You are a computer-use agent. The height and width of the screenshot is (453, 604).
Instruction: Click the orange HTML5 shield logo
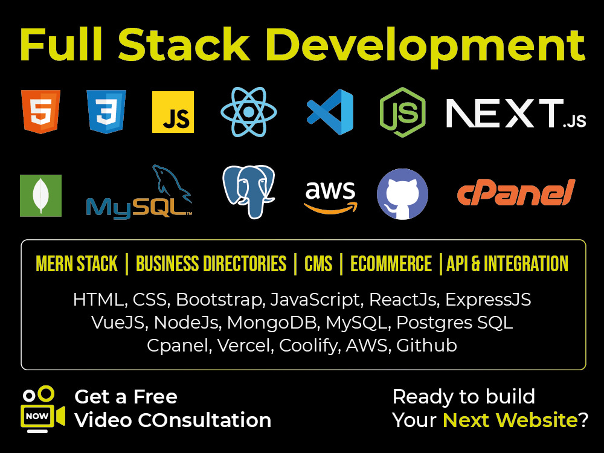coord(41,112)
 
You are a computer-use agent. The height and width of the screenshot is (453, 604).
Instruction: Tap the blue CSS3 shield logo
coord(106,112)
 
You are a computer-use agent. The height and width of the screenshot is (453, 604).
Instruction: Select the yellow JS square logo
coord(173,112)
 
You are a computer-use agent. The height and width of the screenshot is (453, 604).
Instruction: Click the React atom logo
coord(249,112)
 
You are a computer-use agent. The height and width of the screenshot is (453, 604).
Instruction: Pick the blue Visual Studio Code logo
coord(330,112)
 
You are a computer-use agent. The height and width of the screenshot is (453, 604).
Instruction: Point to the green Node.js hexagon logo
coord(402,112)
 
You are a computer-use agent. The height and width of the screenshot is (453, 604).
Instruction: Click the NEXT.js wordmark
coord(516,113)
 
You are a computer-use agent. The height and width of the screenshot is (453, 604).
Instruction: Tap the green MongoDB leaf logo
coord(41,196)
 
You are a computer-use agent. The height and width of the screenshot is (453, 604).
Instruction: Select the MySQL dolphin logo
coord(140,192)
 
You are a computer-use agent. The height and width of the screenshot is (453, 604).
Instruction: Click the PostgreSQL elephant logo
coord(249,191)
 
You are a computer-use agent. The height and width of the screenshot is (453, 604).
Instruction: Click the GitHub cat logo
coord(402,194)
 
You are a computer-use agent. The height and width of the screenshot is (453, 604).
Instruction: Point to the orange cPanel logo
coord(516,192)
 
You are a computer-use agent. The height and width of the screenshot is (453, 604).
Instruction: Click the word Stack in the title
coord(184,45)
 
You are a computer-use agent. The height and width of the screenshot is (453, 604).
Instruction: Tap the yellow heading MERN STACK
coord(77,264)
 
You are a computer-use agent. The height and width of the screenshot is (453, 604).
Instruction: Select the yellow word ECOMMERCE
coord(391,264)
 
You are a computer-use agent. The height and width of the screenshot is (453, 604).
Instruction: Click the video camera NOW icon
coord(43,409)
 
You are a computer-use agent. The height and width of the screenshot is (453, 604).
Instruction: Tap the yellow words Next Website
coord(510,420)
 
